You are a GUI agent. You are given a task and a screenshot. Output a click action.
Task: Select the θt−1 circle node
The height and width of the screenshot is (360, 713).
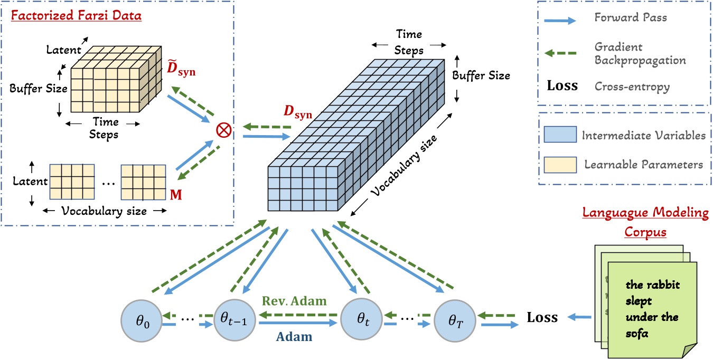(233, 320)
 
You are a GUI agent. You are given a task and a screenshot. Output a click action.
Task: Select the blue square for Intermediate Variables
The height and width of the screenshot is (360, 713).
(559, 135)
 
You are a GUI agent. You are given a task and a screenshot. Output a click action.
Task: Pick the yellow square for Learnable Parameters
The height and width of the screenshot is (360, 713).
(559, 165)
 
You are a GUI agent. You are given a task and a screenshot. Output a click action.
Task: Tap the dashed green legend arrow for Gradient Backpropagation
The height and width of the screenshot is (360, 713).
(559, 52)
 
